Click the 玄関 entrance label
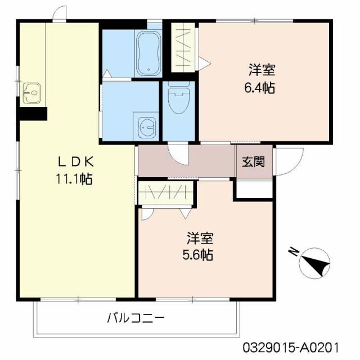pyautogui.click(x=253, y=162)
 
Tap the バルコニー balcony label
pyautogui.click(x=136, y=318)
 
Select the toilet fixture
pyautogui.click(x=178, y=99)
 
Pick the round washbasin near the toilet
pyautogui.click(x=147, y=127)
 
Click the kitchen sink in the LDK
pyautogui.click(x=31, y=91)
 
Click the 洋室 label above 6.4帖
pyautogui.click(x=262, y=71)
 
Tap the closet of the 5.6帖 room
pyautogui.click(x=166, y=193)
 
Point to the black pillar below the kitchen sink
pyautogui.click(x=31, y=113)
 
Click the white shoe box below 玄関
pyautogui.click(x=253, y=190)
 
